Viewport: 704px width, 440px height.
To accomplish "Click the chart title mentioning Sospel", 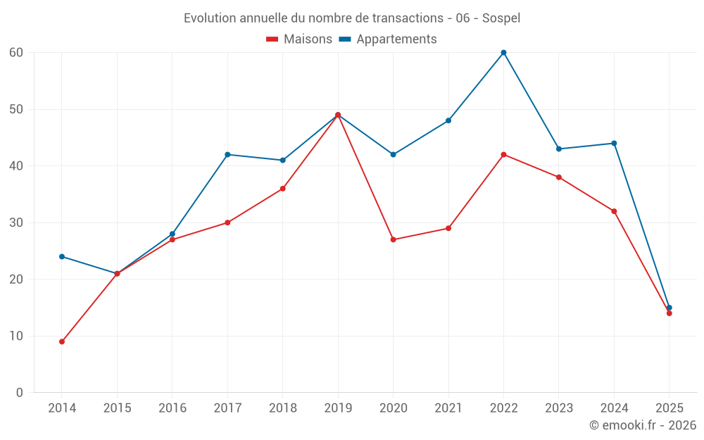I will click(x=352, y=18).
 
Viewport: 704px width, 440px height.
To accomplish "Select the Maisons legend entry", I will click(x=299, y=39).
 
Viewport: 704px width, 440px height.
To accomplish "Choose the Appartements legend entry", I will click(x=388, y=39).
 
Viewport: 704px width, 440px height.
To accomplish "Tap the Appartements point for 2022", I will click(x=503, y=53).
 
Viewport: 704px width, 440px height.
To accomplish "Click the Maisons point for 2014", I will click(x=62, y=341).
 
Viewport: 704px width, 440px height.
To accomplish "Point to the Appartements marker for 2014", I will click(x=62, y=256).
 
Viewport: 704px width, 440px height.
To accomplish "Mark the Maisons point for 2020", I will click(x=393, y=239).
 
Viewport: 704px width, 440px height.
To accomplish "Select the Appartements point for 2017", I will click(x=227, y=154).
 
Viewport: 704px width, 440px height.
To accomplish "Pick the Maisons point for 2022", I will click(x=503, y=154).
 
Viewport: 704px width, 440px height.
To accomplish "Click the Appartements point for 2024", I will click(x=614, y=143).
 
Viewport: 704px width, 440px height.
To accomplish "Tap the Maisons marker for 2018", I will click(x=282, y=189).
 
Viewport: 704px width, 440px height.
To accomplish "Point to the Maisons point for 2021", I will click(x=448, y=228).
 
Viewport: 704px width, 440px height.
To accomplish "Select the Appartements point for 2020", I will click(x=393, y=154).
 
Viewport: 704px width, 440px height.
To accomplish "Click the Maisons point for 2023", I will click(x=559, y=177).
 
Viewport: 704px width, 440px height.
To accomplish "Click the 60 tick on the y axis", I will click(x=16, y=53).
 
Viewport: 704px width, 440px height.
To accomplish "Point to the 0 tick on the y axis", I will click(x=20, y=393).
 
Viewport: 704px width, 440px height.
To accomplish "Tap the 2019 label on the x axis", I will click(x=338, y=408).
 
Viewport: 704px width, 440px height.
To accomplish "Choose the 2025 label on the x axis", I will click(x=669, y=408).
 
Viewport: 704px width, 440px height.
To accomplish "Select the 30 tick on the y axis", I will click(x=16, y=222).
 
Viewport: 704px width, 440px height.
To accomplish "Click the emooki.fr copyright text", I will click(x=643, y=425).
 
